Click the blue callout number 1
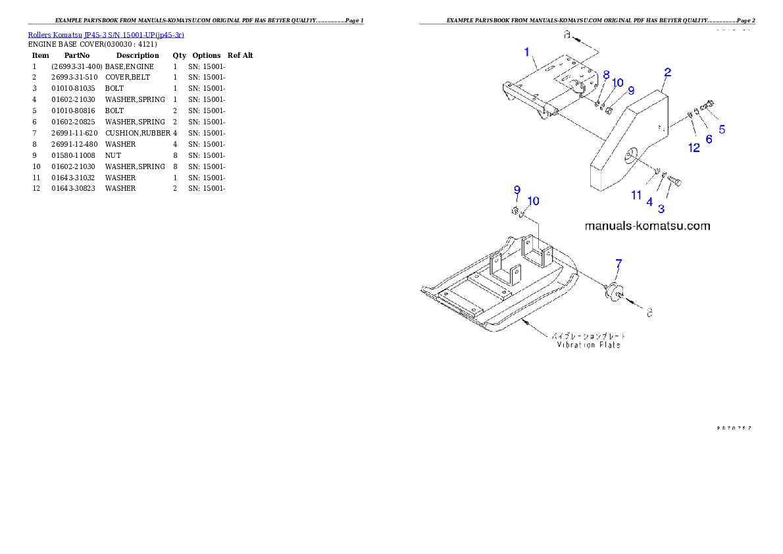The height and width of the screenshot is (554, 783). [x=526, y=51]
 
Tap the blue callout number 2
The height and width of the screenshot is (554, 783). [x=667, y=72]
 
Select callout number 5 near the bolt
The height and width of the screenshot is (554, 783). [x=722, y=130]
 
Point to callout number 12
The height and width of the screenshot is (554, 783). [x=694, y=148]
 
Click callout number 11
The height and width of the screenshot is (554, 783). [x=636, y=195]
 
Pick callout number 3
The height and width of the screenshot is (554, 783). [x=661, y=209]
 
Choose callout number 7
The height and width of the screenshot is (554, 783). [x=618, y=264]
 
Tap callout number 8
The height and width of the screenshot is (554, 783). [x=606, y=74]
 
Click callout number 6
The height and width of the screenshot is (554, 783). [x=709, y=139]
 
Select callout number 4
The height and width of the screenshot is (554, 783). [x=649, y=202]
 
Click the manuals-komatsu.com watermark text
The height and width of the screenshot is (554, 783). [x=647, y=226]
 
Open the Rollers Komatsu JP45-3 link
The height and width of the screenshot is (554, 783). [x=106, y=34]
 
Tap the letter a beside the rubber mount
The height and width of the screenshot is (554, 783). [x=649, y=313]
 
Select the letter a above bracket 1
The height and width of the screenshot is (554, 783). [x=566, y=34]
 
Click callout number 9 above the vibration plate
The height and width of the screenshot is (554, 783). [x=517, y=190]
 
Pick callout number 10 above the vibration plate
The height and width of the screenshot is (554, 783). [x=533, y=201]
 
